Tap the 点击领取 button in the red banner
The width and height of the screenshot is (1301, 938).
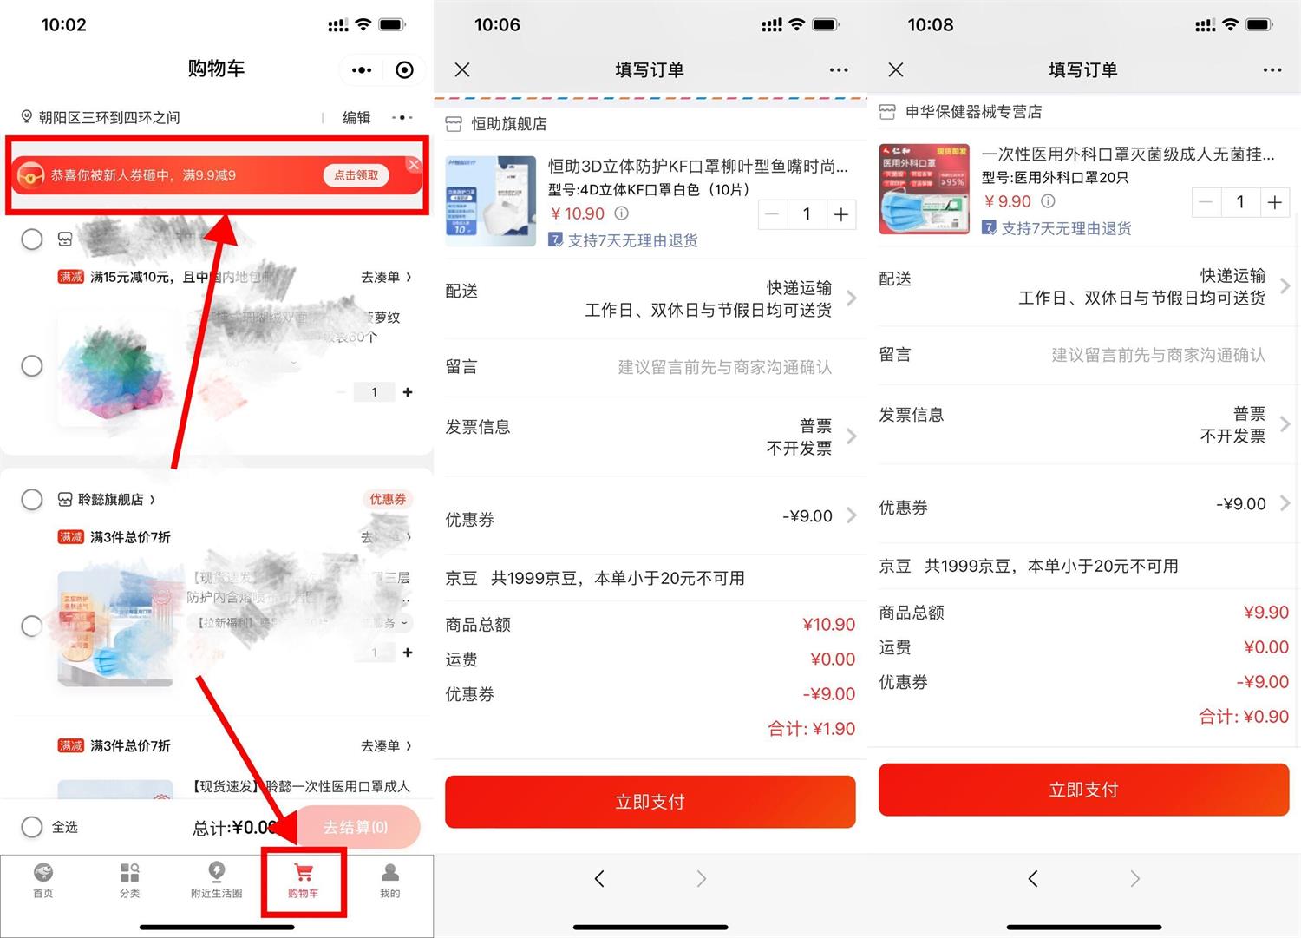(x=356, y=175)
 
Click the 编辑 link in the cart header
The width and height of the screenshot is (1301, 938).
(x=356, y=117)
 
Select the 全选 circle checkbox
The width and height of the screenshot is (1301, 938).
(x=32, y=827)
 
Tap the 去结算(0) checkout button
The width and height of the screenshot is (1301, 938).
(x=356, y=827)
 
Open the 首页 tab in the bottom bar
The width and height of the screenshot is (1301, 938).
(x=42, y=879)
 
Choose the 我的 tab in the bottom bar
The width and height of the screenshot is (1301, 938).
(x=390, y=879)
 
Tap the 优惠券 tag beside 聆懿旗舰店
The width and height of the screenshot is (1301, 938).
(x=387, y=499)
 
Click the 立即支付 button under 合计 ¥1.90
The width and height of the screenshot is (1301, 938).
(x=650, y=802)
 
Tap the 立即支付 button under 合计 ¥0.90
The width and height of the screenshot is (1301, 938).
(x=1083, y=790)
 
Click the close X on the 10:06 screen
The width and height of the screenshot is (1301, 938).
(x=462, y=70)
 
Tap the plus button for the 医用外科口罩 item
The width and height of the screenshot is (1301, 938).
(x=1274, y=202)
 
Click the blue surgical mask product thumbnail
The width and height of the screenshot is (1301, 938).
(x=924, y=189)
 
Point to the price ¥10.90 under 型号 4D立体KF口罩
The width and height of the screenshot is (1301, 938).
(x=579, y=213)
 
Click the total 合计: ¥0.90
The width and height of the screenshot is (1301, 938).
(x=1243, y=717)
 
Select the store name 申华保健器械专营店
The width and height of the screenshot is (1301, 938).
(x=973, y=112)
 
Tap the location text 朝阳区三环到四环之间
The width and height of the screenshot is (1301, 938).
(x=109, y=117)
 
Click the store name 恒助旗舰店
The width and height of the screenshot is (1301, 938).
(x=508, y=124)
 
